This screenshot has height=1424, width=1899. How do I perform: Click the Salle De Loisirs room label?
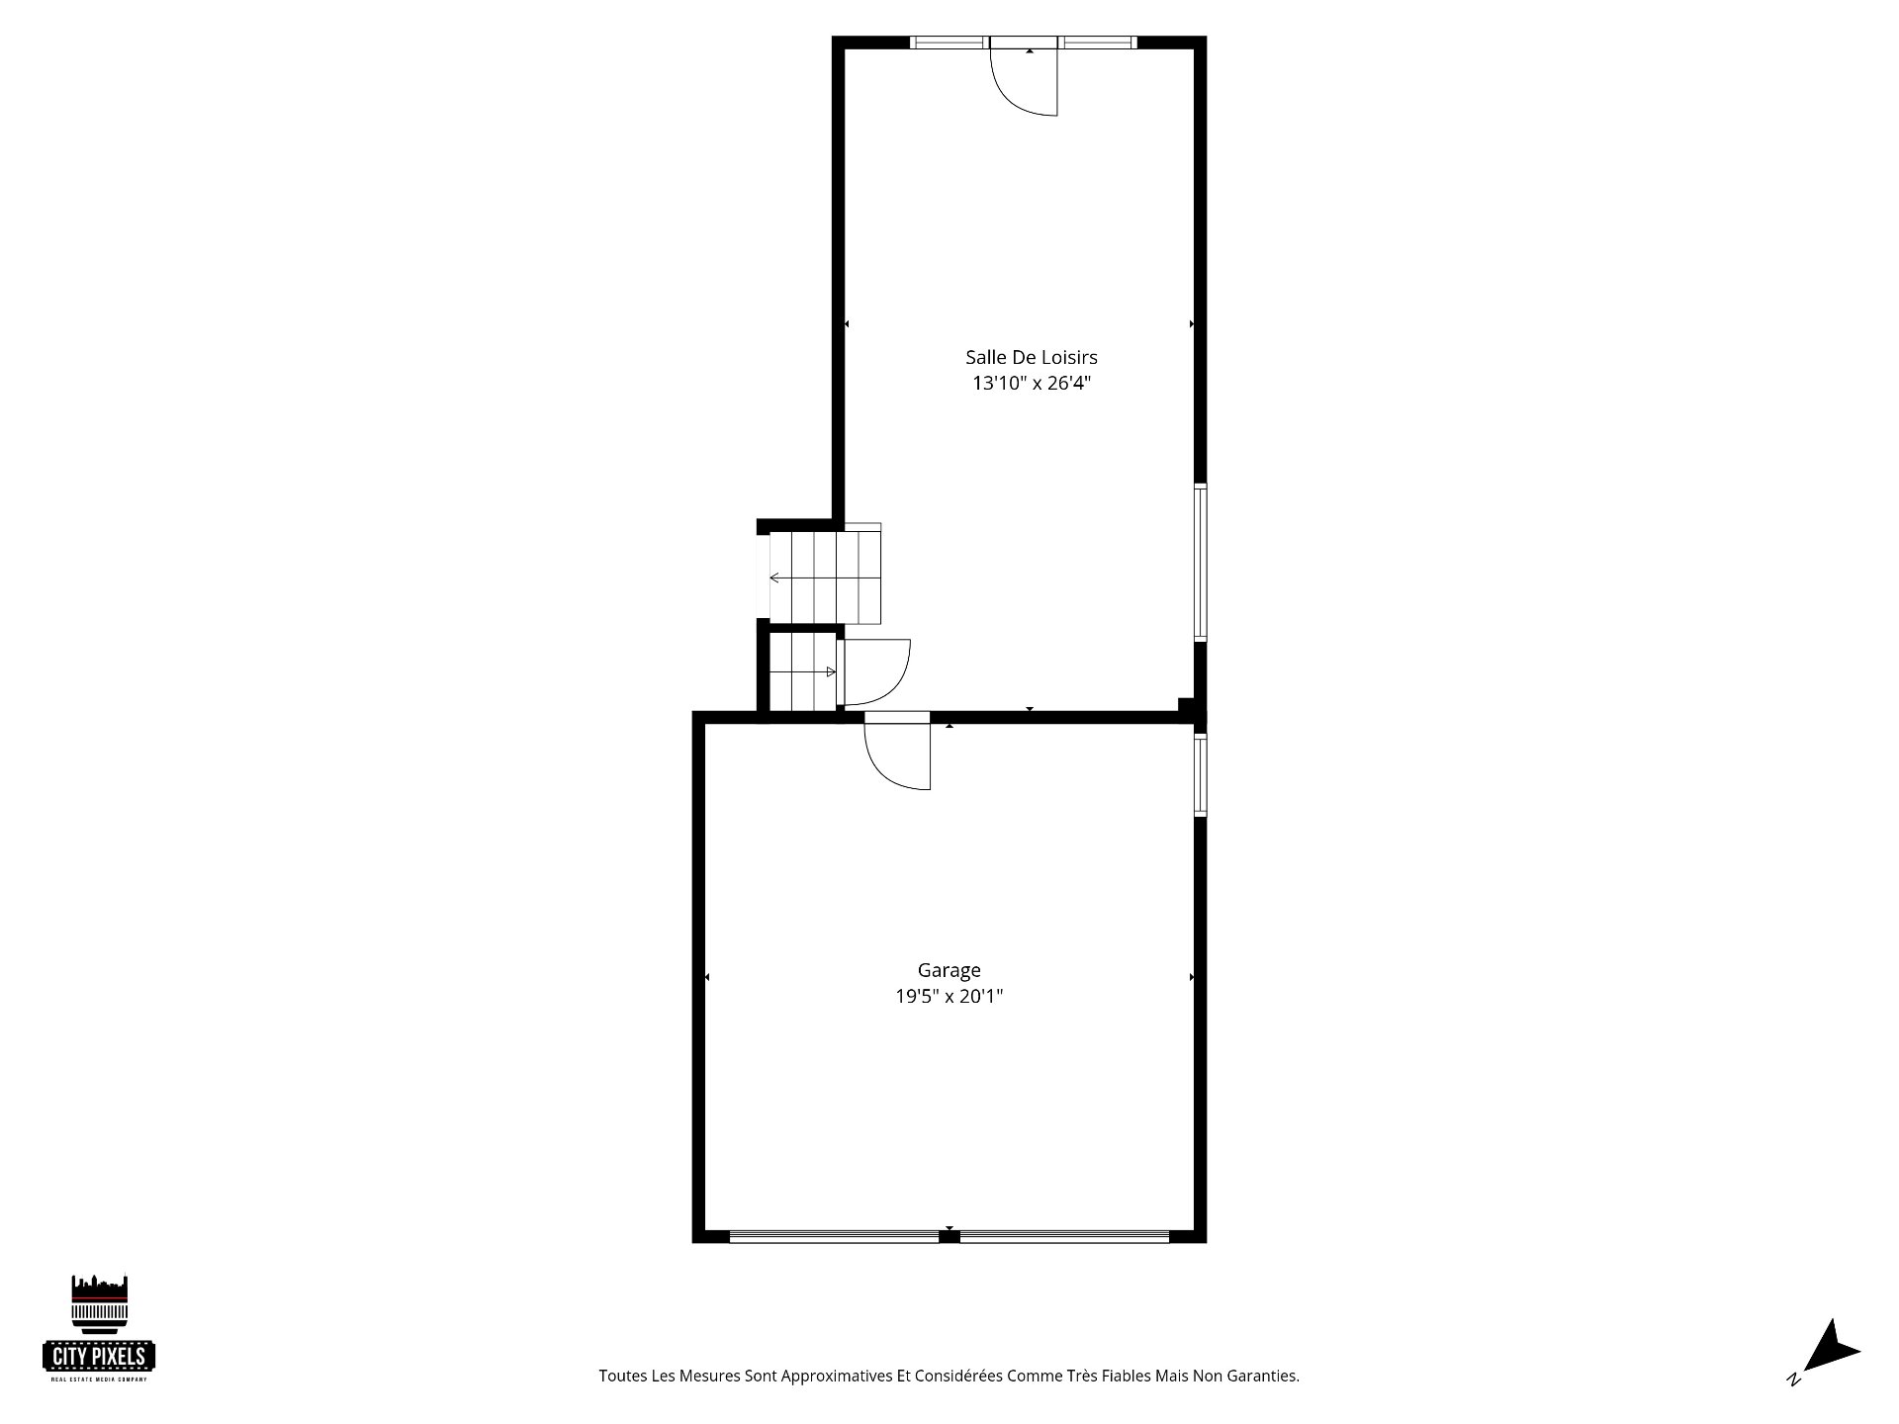tap(1032, 357)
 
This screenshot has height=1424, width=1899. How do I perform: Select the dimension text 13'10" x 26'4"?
tap(1032, 384)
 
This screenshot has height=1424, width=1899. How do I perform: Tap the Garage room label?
tap(949, 970)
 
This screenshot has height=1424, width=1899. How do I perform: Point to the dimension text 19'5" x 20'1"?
tap(949, 997)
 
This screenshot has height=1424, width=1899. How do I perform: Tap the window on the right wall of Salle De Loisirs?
tap(1201, 562)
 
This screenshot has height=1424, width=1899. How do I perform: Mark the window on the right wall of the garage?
tap(1201, 774)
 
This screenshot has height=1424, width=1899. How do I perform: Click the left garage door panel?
tap(834, 1235)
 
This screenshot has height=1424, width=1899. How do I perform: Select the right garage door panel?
tap(1064, 1235)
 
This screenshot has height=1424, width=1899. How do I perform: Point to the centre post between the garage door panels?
tap(949, 1235)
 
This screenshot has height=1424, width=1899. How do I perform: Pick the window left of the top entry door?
tap(949, 43)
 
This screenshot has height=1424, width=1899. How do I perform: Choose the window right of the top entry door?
tap(1098, 43)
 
